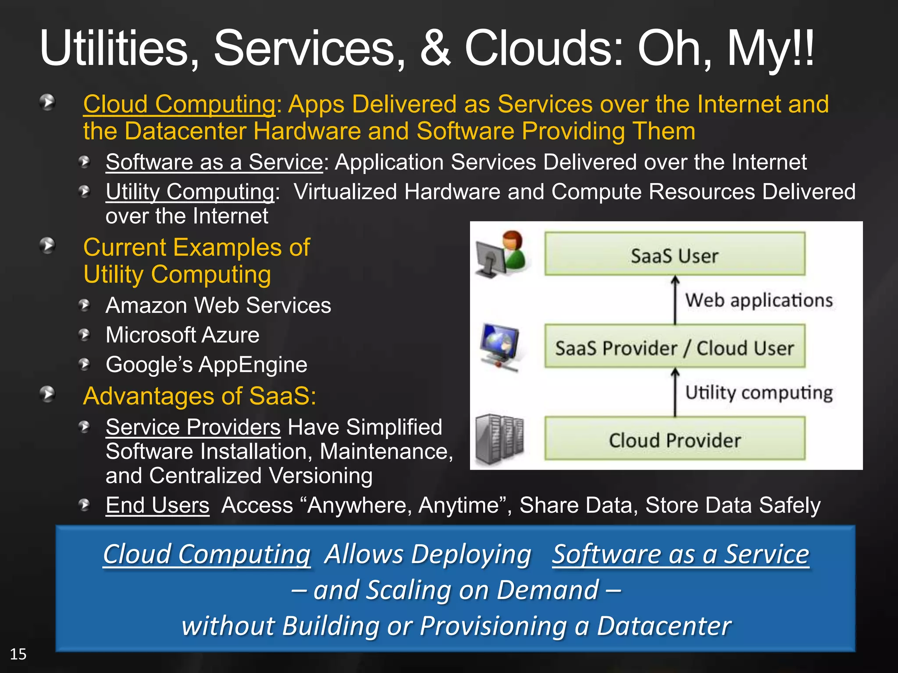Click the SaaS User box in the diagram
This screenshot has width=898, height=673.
click(674, 254)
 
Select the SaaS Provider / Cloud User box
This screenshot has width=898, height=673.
click(674, 347)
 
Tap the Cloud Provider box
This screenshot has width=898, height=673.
click(674, 439)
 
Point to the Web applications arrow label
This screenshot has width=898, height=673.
click(759, 301)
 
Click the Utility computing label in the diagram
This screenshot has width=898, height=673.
click(759, 393)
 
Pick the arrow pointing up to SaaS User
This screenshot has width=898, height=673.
click(675, 300)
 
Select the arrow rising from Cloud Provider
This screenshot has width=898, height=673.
click(675, 392)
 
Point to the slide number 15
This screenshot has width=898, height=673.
click(18, 654)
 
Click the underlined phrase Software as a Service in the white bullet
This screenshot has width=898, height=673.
click(214, 162)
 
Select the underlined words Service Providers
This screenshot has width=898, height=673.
click(193, 427)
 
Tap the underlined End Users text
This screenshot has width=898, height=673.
click(157, 505)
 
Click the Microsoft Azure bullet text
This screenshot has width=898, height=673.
click(182, 335)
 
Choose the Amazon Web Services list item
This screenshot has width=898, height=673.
click(218, 305)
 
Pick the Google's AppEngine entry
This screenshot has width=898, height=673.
click(207, 365)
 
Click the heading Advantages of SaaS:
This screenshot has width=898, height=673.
click(200, 396)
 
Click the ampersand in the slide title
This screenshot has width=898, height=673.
click(435, 48)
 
